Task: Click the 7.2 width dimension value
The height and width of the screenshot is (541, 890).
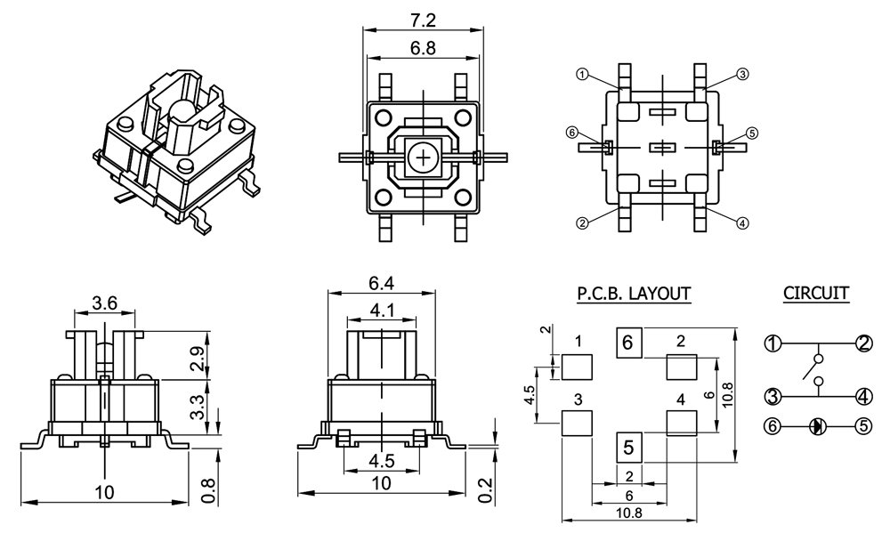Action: coord(423,19)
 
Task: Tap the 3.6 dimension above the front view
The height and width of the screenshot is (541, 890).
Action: coord(105,302)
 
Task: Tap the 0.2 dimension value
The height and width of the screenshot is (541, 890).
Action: coord(485,489)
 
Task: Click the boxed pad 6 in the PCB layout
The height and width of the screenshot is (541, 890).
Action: coord(628,342)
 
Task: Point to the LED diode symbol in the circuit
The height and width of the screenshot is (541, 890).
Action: coord(817,426)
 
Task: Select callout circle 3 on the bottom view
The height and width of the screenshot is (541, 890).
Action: coord(743,74)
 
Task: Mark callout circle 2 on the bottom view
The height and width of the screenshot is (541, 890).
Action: coord(582,223)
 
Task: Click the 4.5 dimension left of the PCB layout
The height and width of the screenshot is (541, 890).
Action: coord(529,395)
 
